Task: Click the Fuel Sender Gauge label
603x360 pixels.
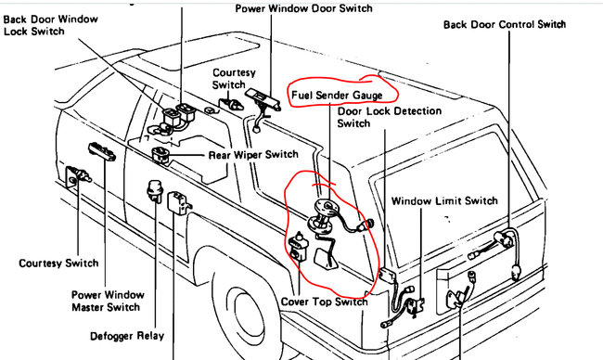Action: pyautogui.click(x=337, y=95)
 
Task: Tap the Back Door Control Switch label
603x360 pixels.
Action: pyautogui.click(x=505, y=25)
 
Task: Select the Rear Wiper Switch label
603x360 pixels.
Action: pyautogui.click(x=253, y=155)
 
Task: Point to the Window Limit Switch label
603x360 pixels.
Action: pyautogui.click(x=444, y=200)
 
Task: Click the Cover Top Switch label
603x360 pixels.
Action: pyautogui.click(x=324, y=302)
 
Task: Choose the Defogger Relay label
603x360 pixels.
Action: pyautogui.click(x=127, y=336)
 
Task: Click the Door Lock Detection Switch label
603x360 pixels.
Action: pyautogui.click(x=390, y=117)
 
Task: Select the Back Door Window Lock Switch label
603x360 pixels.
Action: pyautogui.click(x=51, y=25)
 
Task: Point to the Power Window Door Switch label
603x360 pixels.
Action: pyautogui.click(x=303, y=8)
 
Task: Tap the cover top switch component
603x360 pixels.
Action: pyautogui.click(x=299, y=245)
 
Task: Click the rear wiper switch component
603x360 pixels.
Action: pyautogui.click(x=160, y=155)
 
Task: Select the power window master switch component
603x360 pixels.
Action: pyautogui.click(x=102, y=151)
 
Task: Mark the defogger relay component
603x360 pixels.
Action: pyautogui.click(x=155, y=190)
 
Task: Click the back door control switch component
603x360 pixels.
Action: pyautogui.click(x=504, y=240)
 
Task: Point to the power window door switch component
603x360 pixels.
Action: pyautogui.click(x=263, y=99)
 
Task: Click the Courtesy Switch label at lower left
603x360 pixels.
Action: pyautogui.click(x=58, y=264)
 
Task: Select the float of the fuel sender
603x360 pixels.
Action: pyautogui.click(x=327, y=259)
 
